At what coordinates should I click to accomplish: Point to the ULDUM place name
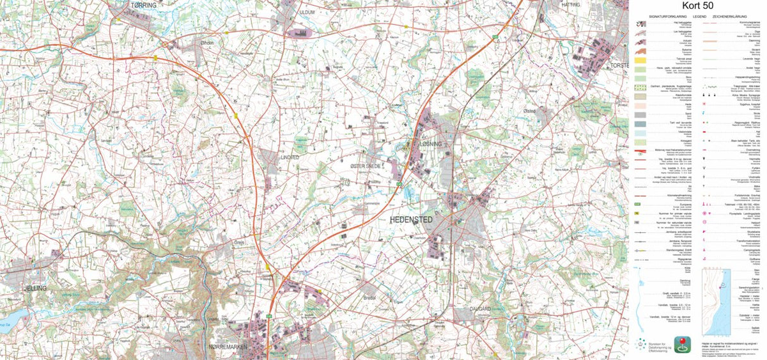(x=307, y=12)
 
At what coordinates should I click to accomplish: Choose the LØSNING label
(x=430, y=145)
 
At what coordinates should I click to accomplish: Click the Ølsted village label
(x=529, y=111)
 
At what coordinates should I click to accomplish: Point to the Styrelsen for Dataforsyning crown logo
(x=641, y=342)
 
